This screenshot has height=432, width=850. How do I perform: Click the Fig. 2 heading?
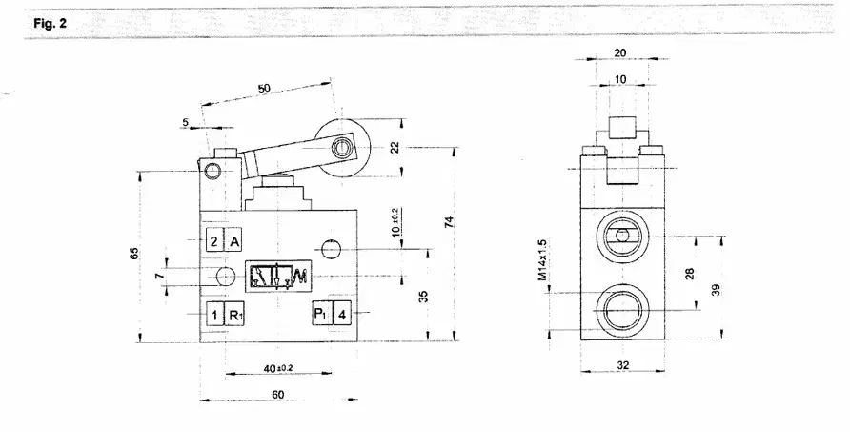pos(50,24)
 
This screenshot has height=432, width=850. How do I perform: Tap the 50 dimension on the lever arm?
pos(264,89)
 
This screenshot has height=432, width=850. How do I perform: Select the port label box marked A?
pos(234,241)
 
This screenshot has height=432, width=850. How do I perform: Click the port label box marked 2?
pos(214,241)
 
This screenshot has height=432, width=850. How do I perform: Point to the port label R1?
pos(234,315)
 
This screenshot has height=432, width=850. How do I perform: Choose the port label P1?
pos(321,314)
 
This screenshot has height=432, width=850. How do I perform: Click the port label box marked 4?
pos(341,314)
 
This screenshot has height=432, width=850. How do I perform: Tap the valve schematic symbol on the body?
pos(277,277)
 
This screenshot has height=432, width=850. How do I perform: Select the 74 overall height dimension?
pos(448,221)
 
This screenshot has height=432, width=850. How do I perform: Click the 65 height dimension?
pos(134,254)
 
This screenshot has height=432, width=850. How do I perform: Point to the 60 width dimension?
pos(277,395)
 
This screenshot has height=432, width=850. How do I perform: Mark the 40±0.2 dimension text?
pos(278,368)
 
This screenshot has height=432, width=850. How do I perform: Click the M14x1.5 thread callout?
pos(542,260)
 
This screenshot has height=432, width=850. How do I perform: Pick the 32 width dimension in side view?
pos(623,365)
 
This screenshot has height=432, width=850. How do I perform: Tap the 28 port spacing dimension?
pos(690,274)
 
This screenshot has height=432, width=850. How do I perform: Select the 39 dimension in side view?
pos(717,290)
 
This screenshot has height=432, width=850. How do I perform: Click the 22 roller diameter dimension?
pos(395,147)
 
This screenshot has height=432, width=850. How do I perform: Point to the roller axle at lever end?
pos(341,147)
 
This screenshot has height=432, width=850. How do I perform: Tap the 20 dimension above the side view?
pos(620,52)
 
